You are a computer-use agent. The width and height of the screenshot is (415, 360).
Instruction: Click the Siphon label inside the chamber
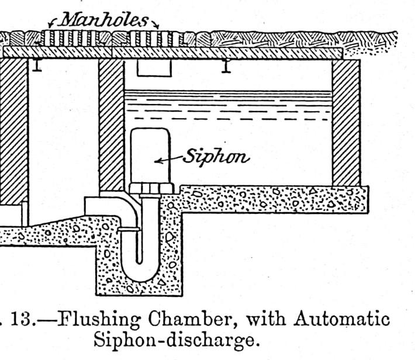tap(216, 157)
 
